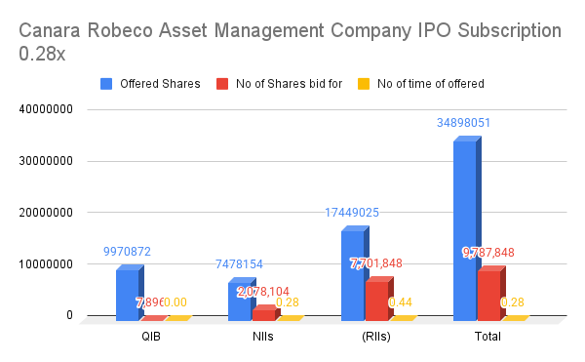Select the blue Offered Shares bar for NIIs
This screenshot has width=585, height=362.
(x=239, y=301)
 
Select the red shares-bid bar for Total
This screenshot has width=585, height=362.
(x=489, y=295)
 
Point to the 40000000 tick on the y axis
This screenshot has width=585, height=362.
(x=46, y=110)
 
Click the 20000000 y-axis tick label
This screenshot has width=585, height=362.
(x=46, y=213)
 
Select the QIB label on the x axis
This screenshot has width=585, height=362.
(x=152, y=337)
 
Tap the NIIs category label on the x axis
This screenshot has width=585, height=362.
(x=264, y=337)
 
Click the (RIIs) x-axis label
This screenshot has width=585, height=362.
(x=376, y=337)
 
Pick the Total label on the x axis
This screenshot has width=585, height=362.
(x=487, y=337)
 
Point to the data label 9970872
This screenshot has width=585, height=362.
(x=127, y=252)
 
